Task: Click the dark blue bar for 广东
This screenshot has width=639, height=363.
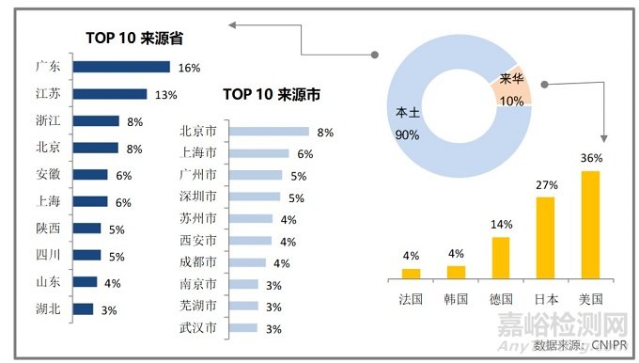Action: tap(121, 67)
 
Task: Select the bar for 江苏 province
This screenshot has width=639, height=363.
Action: tap(110, 93)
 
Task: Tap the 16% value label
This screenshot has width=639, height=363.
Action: tap(189, 68)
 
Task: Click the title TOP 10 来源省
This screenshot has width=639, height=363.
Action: tap(134, 38)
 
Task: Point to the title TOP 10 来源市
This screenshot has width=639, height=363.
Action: tap(271, 94)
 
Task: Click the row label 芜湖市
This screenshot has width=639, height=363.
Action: tap(197, 307)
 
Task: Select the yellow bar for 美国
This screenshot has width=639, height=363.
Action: tap(590, 225)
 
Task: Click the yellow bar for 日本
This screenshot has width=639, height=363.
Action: tap(545, 238)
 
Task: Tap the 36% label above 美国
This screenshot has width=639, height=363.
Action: tap(591, 158)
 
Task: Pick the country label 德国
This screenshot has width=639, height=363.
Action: tap(501, 298)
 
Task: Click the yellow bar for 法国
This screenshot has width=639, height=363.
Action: tap(411, 274)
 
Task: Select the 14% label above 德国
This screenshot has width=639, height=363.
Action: tap(501, 225)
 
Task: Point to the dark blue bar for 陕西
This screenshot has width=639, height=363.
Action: tap(86, 229)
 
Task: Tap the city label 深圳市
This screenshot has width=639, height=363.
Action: tap(197, 197)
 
